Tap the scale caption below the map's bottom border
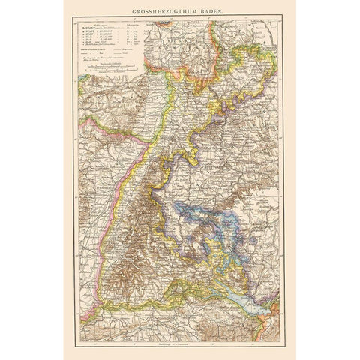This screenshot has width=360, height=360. (x=180, y=344)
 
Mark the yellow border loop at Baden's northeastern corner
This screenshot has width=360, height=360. (x=255, y=64)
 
